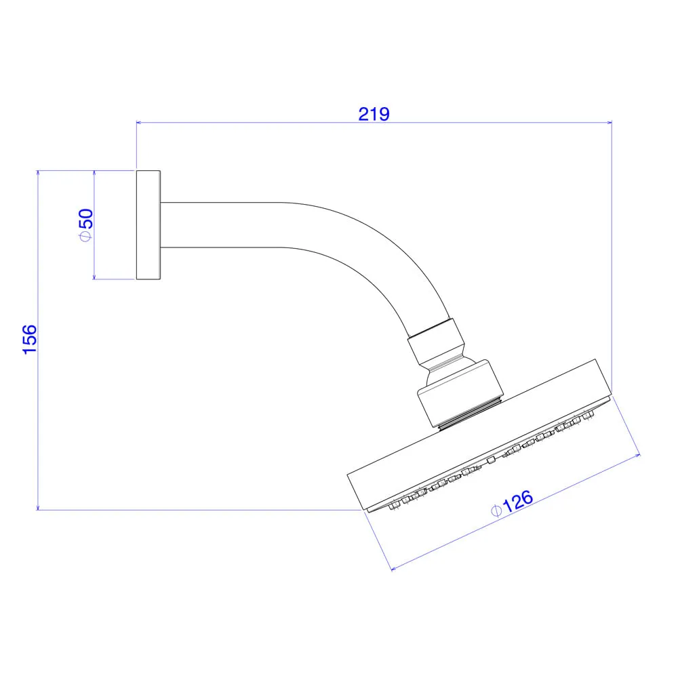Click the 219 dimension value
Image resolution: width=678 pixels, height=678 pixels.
coord(374,114)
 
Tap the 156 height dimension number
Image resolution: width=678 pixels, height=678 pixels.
coord(30,340)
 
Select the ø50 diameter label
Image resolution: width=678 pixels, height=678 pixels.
coord(86,225)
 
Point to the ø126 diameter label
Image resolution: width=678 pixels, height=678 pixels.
coord(513,503)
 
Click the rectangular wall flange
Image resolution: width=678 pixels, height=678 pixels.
coord(148,225)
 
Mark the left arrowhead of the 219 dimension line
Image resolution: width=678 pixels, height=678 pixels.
coord(139,123)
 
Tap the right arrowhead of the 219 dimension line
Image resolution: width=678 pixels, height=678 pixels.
coord(609,123)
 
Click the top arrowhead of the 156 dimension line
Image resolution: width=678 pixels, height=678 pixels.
coord(38,174)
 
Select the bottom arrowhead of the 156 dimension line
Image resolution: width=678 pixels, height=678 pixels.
coord(38,506)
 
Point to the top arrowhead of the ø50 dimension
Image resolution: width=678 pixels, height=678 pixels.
coord(94,174)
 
